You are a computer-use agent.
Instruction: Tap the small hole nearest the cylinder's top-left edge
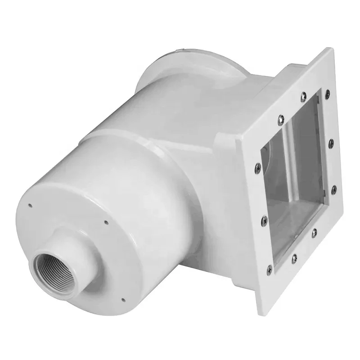[x=30, y=206]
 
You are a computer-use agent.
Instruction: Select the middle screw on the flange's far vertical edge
[x=332, y=142]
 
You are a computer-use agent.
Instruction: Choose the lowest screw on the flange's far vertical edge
[x=333, y=189]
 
